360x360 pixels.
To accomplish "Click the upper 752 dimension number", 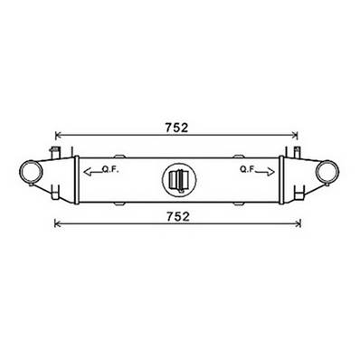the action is [176, 128].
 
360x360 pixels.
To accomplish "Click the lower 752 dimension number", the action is [178, 216].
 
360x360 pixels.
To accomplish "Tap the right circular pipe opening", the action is [327, 172].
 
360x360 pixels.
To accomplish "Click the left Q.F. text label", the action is [110, 170].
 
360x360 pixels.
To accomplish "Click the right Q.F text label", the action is [247, 169].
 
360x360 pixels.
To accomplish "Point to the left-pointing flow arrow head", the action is [87, 172].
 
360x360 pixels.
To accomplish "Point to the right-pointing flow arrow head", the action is [270, 172].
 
